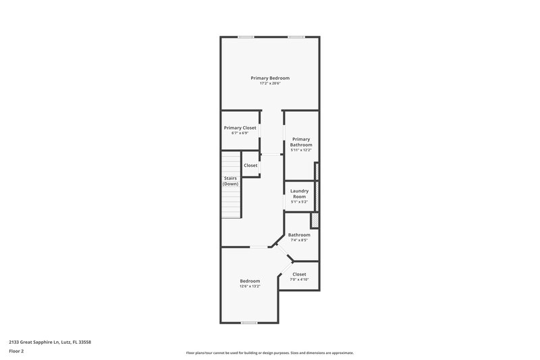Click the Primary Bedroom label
tap(270, 78)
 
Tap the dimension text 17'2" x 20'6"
tap(270, 83)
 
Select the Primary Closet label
tap(240, 128)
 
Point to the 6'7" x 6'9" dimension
tap(240, 133)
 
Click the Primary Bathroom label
tap(301, 142)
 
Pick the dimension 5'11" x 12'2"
tap(301, 150)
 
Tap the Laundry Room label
tap(299, 193)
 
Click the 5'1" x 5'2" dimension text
tap(299, 202)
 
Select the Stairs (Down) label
tap(231, 181)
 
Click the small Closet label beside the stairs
tap(250, 165)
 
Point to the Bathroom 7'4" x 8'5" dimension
tap(299, 240)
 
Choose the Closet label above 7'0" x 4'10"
tap(299, 274)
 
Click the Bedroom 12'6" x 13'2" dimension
tap(250, 286)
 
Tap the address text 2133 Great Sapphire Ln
tap(51, 342)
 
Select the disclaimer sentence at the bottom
tap(270, 353)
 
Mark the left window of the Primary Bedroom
tap(246, 36)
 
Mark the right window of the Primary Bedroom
tap(296, 36)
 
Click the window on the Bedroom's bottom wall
tap(249, 323)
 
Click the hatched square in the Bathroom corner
tap(314, 221)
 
